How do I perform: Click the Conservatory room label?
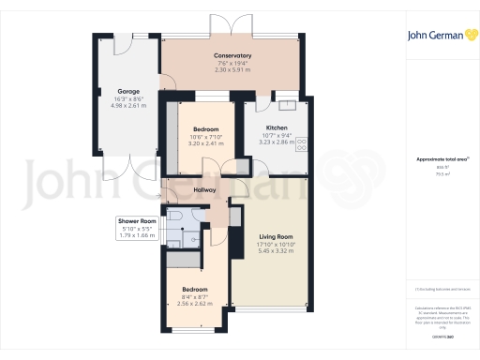(x=232, y=55)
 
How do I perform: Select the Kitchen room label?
(x=276, y=127)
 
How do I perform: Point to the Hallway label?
(x=204, y=189)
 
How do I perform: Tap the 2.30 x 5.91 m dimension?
(x=232, y=70)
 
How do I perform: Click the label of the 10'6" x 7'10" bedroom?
(x=205, y=128)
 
